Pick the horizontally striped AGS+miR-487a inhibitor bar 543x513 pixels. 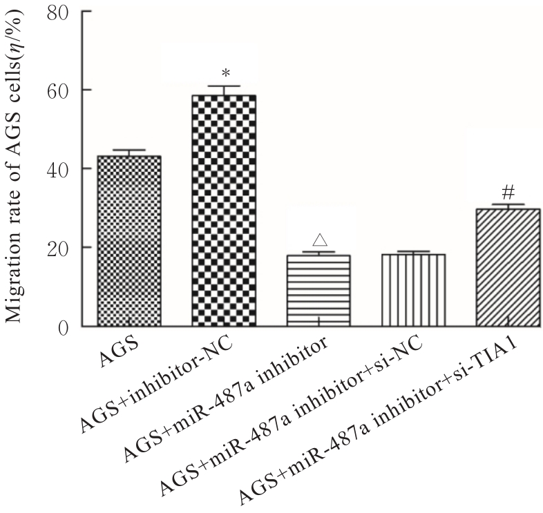[x=318, y=290]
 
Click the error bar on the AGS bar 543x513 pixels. [x=129, y=152]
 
